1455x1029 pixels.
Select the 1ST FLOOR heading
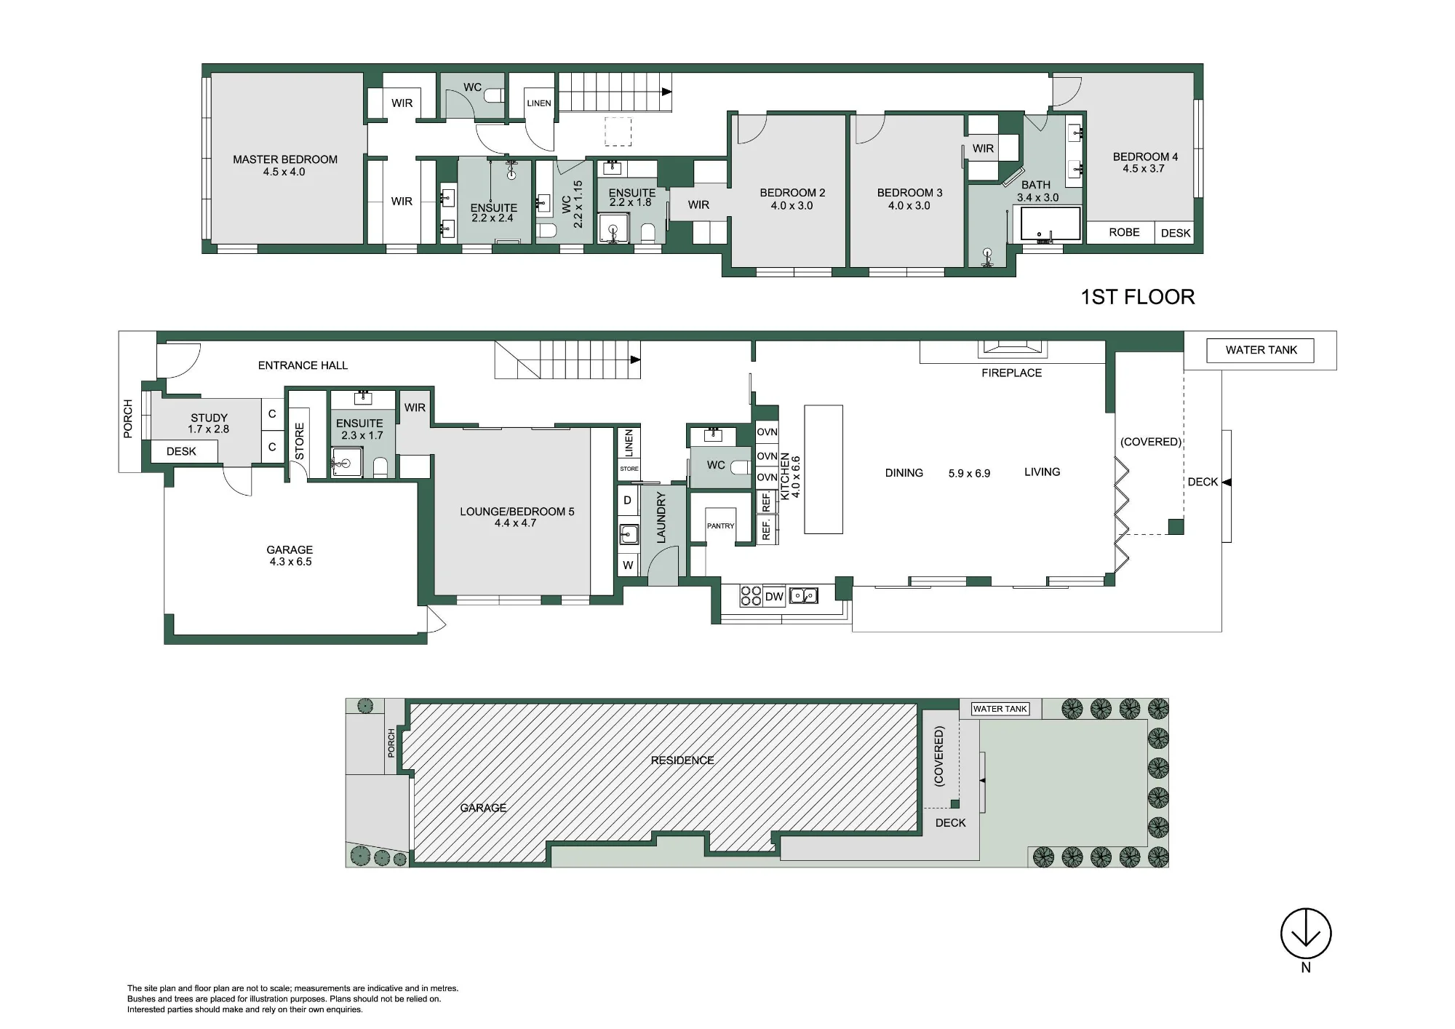pyautogui.click(x=1138, y=297)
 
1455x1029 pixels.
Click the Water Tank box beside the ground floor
pyautogui.click(x=1261, y=350)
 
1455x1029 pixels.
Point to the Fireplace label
pyautogui.click(x=1011, y=373)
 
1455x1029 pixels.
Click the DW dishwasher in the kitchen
pyautogui.click(x=774, y=597)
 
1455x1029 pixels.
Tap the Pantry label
pyautogui.click(x=720, y=525)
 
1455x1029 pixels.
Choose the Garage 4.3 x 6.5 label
pyautogui.click(x=290, y=556)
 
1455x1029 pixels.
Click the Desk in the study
pyautogui.click(x=181, y=451)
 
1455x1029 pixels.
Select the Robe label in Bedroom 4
pyautogui.click(x=1124, y=232)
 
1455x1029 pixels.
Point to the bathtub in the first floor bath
pyautogui.click(x=1051, y=224)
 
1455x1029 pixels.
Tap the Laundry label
pyautogui.click(x=661, y=517)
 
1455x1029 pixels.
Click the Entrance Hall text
pyautogui.click(x=303, y=365)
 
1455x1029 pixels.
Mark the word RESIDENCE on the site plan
pyautogui.click(x=682, y=760)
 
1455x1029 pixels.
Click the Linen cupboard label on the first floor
pyautogui.click(x=539, y=103)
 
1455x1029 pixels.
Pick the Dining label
pyautogui.click(x=904, y=473)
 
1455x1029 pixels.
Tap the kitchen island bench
pyautogui.click(x=824, y=469)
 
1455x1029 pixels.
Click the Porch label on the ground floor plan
pyautogui.click(x=128, y=418)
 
